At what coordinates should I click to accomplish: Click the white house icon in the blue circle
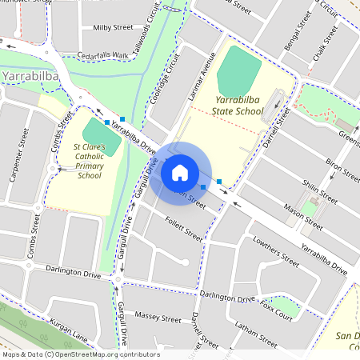180,172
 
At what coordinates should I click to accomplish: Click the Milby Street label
113,27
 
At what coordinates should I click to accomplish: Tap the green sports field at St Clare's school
102,137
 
